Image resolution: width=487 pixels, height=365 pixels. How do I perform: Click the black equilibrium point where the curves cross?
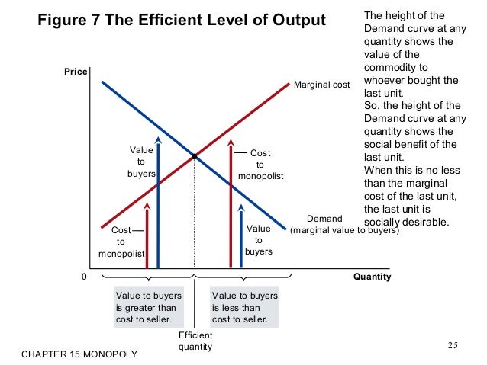coord(195,157)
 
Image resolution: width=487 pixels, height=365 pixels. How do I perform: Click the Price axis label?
coord(76,72)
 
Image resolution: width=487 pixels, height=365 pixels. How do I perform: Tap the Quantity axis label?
coord(372,277)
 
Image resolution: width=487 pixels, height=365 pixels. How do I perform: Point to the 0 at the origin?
coord(84,277)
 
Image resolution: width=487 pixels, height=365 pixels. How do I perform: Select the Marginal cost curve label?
coord(321,84)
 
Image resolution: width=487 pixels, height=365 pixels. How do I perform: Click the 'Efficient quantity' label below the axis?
coord(195,341)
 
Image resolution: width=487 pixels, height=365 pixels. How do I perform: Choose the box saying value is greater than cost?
coord(145,307)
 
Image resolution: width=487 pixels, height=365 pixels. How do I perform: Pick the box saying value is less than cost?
coord(245,307)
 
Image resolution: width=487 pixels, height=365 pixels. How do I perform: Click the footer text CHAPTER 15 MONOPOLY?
coord(79,354)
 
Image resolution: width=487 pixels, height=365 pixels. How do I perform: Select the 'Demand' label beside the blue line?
coord(324,219)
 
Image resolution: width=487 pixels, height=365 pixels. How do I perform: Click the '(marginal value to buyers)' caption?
coord(345,229)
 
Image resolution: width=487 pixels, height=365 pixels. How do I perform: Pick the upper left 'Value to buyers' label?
coord(140,162)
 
